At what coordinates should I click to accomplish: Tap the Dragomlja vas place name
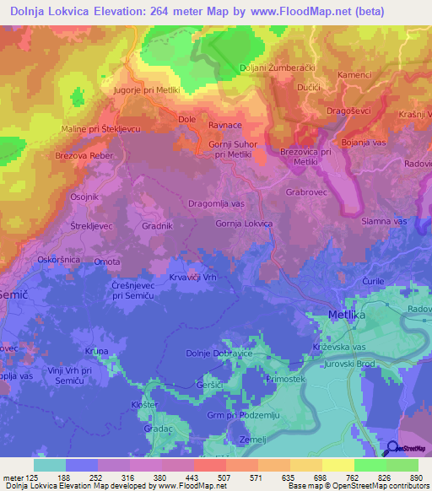point(216,204)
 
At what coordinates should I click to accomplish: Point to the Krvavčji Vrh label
point(194,278)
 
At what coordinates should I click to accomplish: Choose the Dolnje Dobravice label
point(219,353)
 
